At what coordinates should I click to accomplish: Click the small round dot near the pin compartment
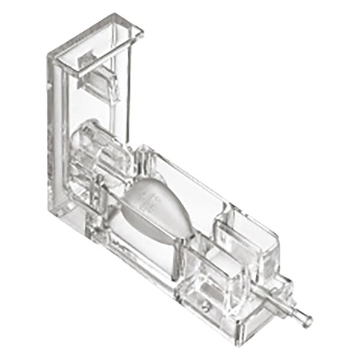tap(205, 306)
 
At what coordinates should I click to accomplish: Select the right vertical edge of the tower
tap(129, 90)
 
